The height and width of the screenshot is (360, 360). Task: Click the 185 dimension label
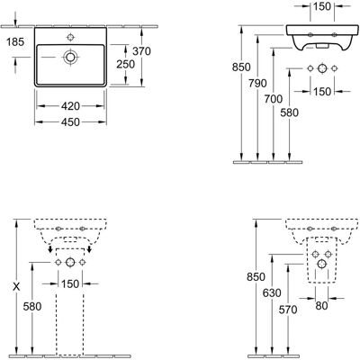pyautogui.click(x=15, y=42)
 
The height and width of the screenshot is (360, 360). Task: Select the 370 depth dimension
pyautogui.click(x=141, y=51)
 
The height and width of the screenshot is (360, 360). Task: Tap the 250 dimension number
pyautogui.click(x=126, y=64)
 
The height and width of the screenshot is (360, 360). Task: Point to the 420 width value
pyautogui.click(x=70, y=106)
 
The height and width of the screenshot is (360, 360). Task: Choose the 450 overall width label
pyautogui.click(x=70, y=122)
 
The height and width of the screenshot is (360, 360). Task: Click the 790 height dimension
pyautogui.click(x=257, y=83)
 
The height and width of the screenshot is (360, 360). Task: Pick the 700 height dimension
pyautogui.click(x=274, y=99)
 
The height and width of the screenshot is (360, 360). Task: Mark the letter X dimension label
pyautogui.click(x=16, y=286)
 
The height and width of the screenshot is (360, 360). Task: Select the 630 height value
pyautogui.click(x=272, y=292)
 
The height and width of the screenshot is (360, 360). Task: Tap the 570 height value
pyautogui.click(x=288, y=310)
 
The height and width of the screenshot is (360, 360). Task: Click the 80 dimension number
pyautogui.click(x=321, y=306)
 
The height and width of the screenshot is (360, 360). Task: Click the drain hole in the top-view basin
pyautogui.click(x=70, y=57)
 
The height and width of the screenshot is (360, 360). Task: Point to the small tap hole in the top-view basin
pyautogui.click(x=70, y=37)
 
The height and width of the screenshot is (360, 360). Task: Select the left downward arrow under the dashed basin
pyautogui.click(x=50, y=248)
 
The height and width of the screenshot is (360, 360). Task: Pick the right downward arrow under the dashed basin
pyautogui.click(x=89, y=248)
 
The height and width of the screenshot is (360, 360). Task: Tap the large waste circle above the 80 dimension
pyautogui.click(x=322, y=264)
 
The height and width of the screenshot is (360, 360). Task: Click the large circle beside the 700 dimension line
pyautogui.click(x=322, y=68)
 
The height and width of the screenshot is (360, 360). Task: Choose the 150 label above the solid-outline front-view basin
pyautogui.click(x=322, y=6)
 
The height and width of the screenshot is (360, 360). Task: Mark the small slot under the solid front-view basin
pyautogui.click(x=322, y=47)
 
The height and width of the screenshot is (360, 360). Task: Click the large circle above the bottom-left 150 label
pyautogui.click(x=70, y=263)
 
